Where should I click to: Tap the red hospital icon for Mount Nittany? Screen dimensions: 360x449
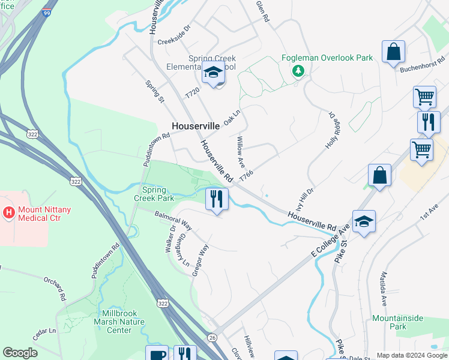(8, 212)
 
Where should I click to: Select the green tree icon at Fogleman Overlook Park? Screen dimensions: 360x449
(297, 71)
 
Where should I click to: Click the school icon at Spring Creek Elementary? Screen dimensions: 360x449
(213, 73)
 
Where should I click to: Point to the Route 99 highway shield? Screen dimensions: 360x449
(46, 13)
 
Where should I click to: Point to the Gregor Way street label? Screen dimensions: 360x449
(200, 259)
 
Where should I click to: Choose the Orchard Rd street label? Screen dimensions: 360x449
(54, 289)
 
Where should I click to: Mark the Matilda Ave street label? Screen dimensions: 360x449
(383, 289)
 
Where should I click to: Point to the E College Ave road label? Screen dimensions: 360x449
(330, 241)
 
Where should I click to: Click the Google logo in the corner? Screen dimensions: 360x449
(20, 353)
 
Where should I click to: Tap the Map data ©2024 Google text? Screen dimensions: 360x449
(412, 355)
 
